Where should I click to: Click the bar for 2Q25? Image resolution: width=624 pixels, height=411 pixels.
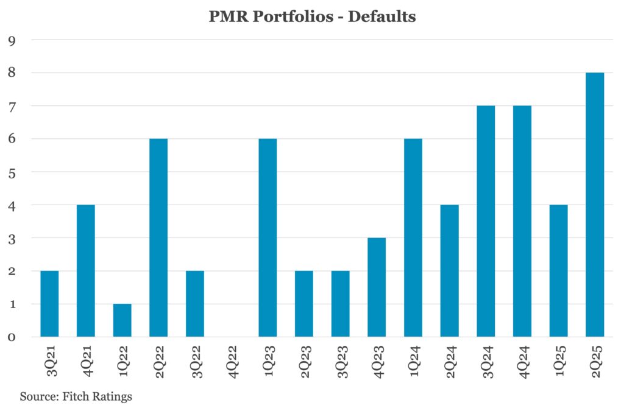[x=595, y=205]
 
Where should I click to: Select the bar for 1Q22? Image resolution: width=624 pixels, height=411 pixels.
[x=122, y=320]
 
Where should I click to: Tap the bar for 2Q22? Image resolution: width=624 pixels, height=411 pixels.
[x=158, y=237]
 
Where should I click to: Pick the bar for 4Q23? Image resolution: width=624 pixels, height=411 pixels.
[x=377, y=287]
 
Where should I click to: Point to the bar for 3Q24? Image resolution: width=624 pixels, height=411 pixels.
[x=486, y=221]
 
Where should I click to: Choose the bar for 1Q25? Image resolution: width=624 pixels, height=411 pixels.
[x=558, y=270]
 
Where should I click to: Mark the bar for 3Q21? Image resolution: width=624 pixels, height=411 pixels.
[x=49, y=303]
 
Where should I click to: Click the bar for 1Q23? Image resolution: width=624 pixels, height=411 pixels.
[x=268, y=237]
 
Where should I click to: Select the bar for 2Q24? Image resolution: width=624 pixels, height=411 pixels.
[x=449, y=270]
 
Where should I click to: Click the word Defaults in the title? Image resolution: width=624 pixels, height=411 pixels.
[x=382, y=16]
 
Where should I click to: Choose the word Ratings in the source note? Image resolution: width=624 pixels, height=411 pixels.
[x=113, y=396]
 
